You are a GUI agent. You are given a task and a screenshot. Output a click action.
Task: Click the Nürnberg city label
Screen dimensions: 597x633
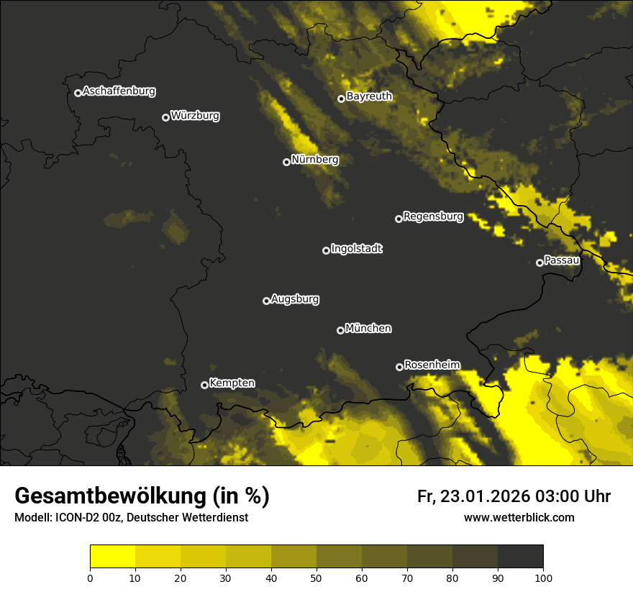[x=314, y=160]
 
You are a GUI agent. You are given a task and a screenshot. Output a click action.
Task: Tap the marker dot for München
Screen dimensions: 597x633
[x=340, y=330]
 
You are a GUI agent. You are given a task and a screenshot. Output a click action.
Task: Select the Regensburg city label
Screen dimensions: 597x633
[x=433, y=217]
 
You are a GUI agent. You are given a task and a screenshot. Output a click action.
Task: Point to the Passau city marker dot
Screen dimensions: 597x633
[x=539, y=263]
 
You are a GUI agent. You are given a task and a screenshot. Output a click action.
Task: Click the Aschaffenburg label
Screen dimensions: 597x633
[x=119, y=91]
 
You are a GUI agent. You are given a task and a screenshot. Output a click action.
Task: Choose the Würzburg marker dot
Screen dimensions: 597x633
[x=165, y=117]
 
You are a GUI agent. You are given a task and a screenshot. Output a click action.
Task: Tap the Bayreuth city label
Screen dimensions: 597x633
[x=369, y=96]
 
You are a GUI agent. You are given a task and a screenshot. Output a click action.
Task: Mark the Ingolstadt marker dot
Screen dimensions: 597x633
[x=326, y=250]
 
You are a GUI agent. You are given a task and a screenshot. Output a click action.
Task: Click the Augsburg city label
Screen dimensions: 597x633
[x=295, y=299]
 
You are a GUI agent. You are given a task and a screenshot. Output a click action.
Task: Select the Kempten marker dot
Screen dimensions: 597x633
[x=204, y=385]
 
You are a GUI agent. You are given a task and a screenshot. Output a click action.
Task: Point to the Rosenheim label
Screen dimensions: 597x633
[x=432, y=365]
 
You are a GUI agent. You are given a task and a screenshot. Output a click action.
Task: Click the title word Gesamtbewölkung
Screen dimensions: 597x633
[x=111, y=496]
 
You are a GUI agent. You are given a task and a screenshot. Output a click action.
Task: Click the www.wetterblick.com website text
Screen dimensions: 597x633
[x=519, y=517]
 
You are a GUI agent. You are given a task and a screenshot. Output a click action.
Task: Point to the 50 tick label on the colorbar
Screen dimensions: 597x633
[x=316, y=577]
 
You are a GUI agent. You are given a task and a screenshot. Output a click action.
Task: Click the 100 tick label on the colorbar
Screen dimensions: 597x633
[x=543, y=577]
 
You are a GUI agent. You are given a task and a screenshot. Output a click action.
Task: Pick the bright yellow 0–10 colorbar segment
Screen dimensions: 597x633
[x=112, y=557]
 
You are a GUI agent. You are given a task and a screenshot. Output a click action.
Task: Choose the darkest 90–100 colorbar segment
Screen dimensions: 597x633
[x=520, y=557]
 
